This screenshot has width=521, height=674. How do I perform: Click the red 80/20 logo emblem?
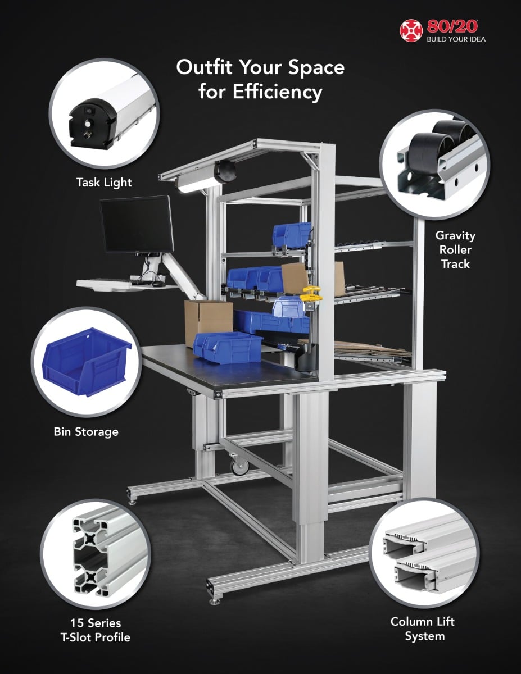(x=411, y=31)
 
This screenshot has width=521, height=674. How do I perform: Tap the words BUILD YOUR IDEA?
(x=456, y=39)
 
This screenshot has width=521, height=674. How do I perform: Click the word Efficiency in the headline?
(x=278, y=93)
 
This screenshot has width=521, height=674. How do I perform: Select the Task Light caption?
(x=104, y=183)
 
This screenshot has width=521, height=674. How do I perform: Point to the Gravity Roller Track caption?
(x=455, y=250)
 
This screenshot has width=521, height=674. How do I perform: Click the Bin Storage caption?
(x=86, y=432)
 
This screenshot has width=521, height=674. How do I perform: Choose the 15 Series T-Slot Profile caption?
(x=95, y=630)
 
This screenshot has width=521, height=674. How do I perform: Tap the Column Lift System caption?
(x=422, y=629)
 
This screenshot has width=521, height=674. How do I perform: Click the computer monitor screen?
(x=137, y=224)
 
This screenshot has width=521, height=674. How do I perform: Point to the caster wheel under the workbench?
(x=239, y=465)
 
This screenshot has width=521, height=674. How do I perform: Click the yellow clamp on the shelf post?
(x=311, y=294)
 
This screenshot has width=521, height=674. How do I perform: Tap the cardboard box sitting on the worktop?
(x=208, y=322)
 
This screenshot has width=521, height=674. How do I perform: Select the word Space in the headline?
(x=316, y=68)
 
